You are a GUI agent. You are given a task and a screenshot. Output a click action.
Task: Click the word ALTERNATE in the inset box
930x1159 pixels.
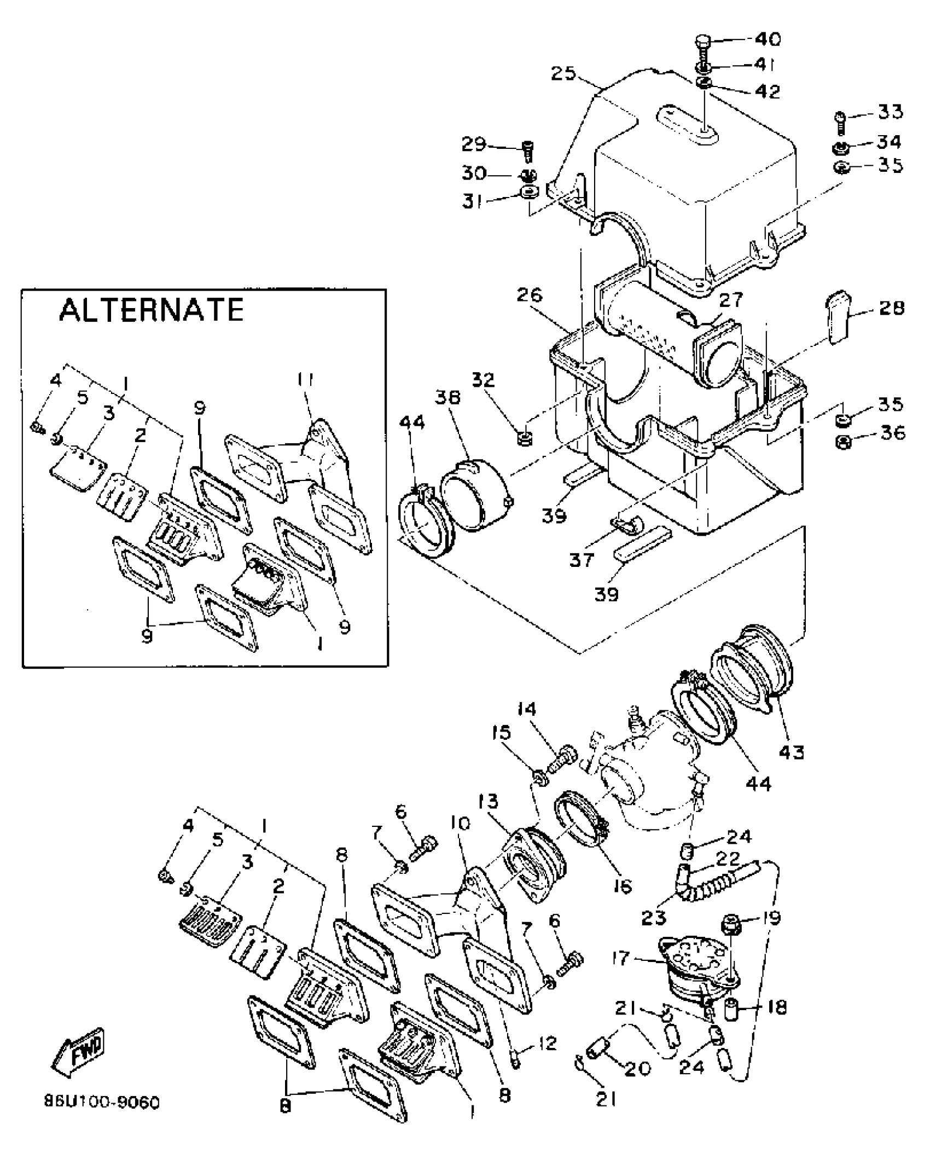(x=151, y=310)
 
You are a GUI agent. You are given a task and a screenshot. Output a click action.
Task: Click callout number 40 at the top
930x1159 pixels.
(x=768, y=39)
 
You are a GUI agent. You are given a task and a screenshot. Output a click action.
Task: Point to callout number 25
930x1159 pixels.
(x=563, y=73)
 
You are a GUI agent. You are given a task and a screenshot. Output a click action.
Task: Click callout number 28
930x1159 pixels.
(x=892, y=308)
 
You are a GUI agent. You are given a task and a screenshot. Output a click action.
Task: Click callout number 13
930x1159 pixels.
(x=489, y=802)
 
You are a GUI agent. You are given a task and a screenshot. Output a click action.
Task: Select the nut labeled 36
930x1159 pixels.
(x=845, y=443)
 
